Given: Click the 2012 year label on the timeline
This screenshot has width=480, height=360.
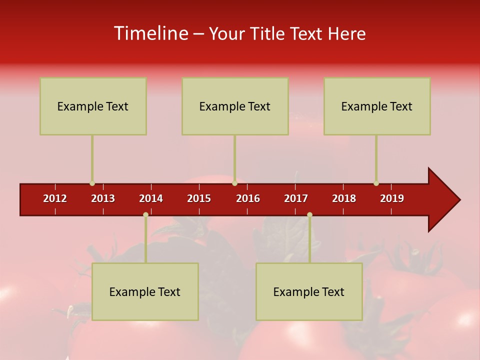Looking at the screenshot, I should pos(55,198).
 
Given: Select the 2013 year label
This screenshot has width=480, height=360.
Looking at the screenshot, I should pos(103,198).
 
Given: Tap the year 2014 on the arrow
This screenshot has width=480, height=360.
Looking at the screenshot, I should pos(151,198).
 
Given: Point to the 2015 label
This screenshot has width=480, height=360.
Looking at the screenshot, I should pos(199,198).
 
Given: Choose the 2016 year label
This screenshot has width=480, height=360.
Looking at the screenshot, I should pos(248,198).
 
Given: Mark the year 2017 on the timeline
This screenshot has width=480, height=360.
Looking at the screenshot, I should pos(296,198).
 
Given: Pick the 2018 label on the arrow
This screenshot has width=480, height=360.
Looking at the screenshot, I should pos(344,198).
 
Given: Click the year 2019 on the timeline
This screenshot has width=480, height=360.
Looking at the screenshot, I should pos(392,198).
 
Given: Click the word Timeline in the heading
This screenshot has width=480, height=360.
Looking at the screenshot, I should pos(150,33).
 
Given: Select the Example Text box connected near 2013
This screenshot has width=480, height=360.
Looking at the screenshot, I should pos(93,106).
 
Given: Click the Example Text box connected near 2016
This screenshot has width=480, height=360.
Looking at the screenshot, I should pos(235,106).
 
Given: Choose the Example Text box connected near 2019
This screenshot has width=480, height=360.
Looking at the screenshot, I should pos(377,106).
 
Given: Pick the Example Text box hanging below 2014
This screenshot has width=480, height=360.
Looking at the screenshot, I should pos(145,291).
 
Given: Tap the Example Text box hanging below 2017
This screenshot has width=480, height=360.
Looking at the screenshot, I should pos(309,291).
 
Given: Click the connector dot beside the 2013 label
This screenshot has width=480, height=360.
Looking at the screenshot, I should pos(92,183).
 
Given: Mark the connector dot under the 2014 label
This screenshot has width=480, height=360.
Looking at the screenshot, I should pos(145,215).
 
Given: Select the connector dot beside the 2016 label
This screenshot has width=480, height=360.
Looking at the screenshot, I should pos(234,183).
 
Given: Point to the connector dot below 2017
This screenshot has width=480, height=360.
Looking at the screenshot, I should pos(309,215).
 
